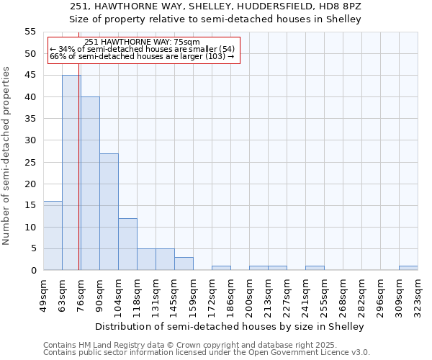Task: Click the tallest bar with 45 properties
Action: pyautogui.click(x=71, y=173)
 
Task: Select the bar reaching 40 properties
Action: pyautogui.click(x=90, y=184)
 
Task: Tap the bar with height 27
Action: pyautogui.click(x=109, y=212)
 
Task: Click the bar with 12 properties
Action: pyautogui.click(x=127, y=244)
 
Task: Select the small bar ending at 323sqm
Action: pyautogui.click(x=408, y=268)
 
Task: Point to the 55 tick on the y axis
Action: pyautogui.click(x=30, y=32)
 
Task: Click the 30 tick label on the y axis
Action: pyautogui.click(x=30, y=140)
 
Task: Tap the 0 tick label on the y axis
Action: pyautogui.click(x=33, y=271)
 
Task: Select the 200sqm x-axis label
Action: pyautogui.click(x=249, y=295)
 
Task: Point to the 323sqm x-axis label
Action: pyautogui.click(x=418, y=295)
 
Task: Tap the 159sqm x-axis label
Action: pyautogui.click(x=193, y=295)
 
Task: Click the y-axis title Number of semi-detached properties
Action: pyautogui.click(x=7, y=156)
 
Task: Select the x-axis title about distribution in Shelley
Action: pyautogui.click(x=230, y=326)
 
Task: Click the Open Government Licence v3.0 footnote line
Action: pyautogui.click(x=206, y=352)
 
